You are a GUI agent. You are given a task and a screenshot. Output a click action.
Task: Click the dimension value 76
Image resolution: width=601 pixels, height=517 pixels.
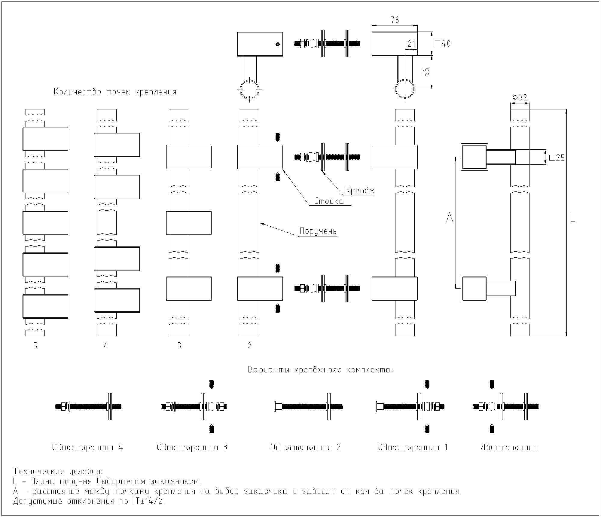click(395, 20)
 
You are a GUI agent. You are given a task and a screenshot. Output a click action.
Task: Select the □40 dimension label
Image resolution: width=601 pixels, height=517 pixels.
click(443, 44)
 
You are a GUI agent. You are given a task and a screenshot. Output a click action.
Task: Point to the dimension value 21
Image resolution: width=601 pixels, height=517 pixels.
click(411, 44)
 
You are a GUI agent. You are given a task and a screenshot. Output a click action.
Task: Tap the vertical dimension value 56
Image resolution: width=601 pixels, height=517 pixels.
click(426, 72)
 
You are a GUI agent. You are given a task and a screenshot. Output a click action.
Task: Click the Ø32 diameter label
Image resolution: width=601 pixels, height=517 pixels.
click(520, 97)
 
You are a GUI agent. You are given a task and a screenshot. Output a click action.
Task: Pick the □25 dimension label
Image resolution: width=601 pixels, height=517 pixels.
click(557, 158)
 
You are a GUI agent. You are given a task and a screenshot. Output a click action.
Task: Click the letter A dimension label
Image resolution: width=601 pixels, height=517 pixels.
click(449, 217)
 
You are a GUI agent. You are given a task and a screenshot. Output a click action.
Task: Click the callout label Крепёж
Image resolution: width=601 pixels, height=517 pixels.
click(360, 190)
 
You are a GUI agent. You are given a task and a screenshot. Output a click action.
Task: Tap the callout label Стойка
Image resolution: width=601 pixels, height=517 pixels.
click(329, 201)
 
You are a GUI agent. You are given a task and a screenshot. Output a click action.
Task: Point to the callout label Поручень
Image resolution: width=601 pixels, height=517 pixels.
click(318, 231)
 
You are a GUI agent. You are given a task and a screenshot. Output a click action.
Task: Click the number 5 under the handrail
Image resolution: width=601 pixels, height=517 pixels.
click(35, 346)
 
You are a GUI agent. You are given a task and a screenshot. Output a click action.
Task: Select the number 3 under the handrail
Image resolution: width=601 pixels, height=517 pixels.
click(179, 346)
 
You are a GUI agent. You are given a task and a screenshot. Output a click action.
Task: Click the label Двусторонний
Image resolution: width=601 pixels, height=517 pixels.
click(509, 448)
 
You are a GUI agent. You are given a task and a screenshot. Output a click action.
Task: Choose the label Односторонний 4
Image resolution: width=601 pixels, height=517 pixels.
click(87, 447)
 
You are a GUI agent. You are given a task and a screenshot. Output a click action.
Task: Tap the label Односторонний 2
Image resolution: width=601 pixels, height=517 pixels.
click(306, 447)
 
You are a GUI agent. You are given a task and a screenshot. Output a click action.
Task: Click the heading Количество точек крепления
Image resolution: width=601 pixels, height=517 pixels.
click(115, 92)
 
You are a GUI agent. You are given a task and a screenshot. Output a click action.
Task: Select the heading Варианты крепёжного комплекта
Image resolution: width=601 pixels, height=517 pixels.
click(320, 369)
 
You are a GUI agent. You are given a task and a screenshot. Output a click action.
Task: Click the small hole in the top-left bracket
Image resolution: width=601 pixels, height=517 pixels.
click(278, 44)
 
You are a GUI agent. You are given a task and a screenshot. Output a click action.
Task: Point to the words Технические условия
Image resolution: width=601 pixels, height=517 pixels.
click(58, 471)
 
